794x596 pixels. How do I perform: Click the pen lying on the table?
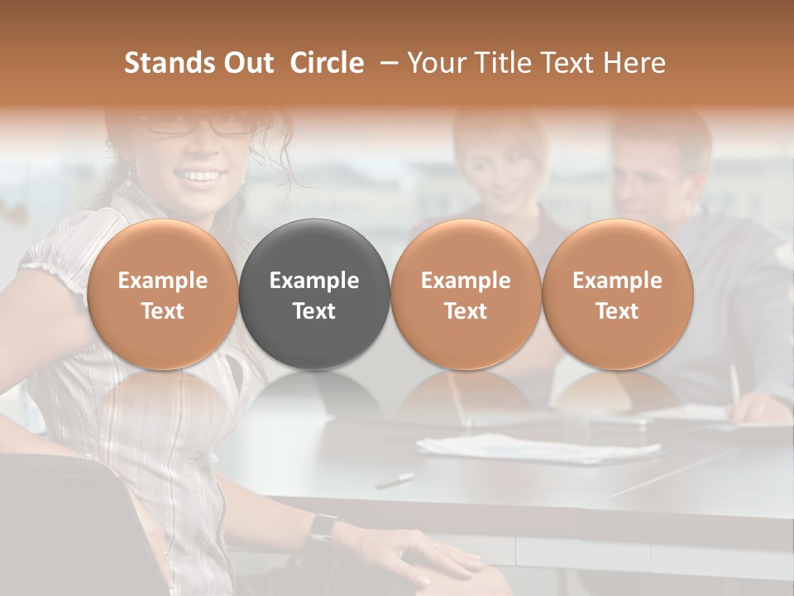pyautogui.click(x=395, y=480)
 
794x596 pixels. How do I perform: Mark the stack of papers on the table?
pyautogui.click(x=538, y=449)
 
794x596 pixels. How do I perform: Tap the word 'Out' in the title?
pyautogui.click(x=246, y=63)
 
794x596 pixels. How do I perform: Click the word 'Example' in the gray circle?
pyautogui.click(x=314, y=281)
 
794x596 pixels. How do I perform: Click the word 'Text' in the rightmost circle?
pyautogui.click(x=617, y=311)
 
